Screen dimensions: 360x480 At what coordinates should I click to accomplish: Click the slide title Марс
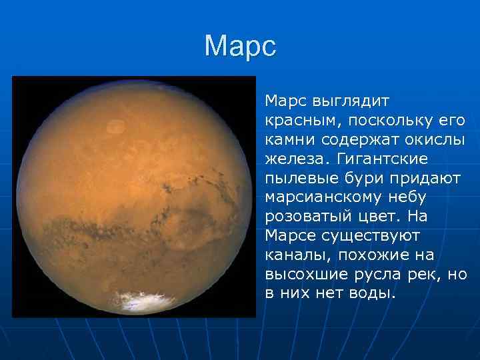tap(240, 47)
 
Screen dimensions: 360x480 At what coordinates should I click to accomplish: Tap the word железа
tap(295, 159)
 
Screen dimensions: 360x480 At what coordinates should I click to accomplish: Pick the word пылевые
tap(297, 179)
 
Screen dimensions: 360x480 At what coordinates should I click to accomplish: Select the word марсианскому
tap(326, 198)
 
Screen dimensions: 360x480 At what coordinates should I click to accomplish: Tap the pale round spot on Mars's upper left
tap(116, 125)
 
